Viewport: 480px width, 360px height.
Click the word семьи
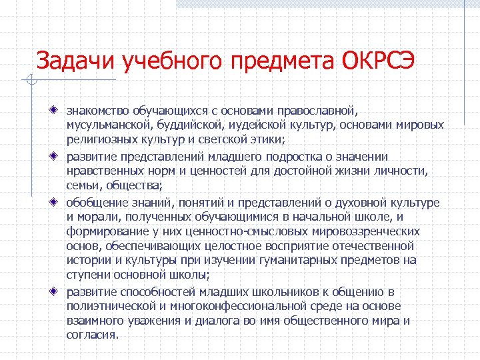pyautogui.click(x=81, y=186)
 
